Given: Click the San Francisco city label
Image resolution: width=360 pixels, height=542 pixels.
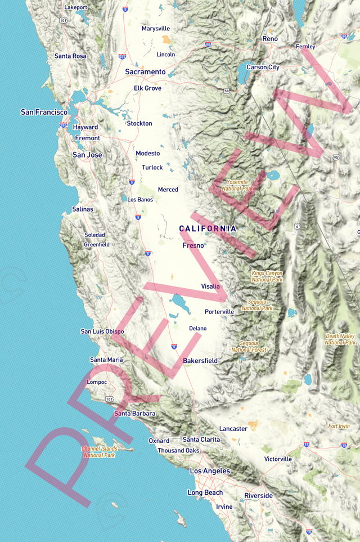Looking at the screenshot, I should [x=44, y=112].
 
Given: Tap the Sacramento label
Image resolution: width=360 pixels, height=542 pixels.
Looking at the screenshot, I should [x=145, y=72].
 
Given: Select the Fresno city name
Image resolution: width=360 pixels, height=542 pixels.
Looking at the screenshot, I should [x=193, y=245].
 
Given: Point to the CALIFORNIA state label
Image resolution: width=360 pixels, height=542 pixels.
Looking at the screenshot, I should [x=208, y=229].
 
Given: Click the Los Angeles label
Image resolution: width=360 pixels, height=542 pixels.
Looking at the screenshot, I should [x=210, y=471].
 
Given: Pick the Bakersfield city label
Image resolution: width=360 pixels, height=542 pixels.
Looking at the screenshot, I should [x=200, y=360].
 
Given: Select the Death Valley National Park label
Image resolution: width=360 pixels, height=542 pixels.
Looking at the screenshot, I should [x=340, y=339].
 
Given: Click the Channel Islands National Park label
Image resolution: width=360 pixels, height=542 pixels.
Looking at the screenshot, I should [x=99, y=452].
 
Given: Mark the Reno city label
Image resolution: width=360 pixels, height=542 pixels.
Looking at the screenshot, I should [x=270, y=39].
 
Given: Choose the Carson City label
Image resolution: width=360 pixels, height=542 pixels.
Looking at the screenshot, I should [x=263, y=68].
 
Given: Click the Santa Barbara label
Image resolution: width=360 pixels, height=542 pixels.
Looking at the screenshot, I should [x=134, y=413].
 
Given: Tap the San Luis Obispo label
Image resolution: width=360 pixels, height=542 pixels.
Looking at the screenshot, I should [x=102, y=332].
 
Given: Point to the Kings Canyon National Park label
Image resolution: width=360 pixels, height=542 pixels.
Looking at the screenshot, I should [x=267, y=276].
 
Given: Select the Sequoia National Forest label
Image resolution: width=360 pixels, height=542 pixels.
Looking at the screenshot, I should [x=253, y=346].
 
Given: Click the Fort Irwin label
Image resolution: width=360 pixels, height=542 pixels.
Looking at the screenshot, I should [x=339, y=426].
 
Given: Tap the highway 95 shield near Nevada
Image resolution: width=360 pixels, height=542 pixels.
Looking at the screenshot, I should [x=335, y=157].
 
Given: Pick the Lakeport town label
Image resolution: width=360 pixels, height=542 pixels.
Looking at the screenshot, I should [x=76, y=7].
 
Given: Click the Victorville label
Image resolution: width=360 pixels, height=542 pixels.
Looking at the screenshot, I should [x=278, y=459].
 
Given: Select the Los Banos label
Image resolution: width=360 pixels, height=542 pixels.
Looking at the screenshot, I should [x=140, y=199].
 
